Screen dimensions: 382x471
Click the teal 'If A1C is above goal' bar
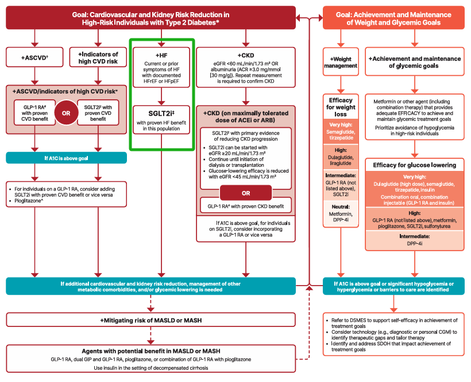(x=66, y=158)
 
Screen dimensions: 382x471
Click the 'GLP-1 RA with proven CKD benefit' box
(x=245, y=205)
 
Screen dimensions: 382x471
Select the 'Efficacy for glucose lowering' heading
(x=414, y=165)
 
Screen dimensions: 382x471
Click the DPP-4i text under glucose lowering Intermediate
(x=414, y=243)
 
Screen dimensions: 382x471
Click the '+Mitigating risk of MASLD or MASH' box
(x=150, y=319)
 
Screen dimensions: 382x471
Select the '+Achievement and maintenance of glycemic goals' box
(x=414, y=62)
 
